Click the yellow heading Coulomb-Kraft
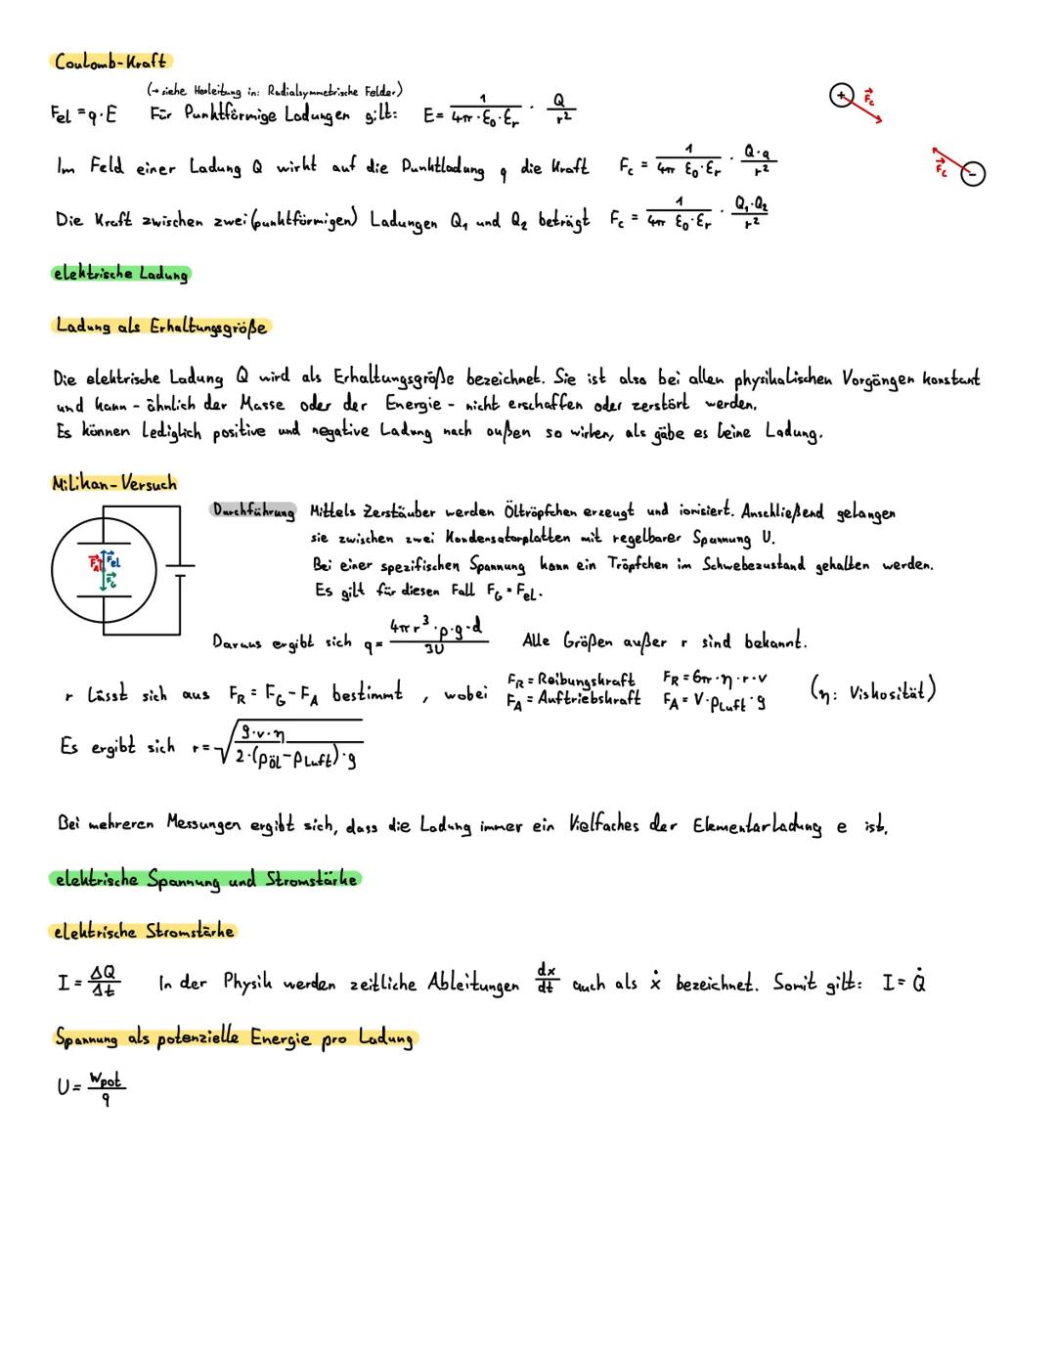coord(110,62)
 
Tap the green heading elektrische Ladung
coord(120,274)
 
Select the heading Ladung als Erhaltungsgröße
coord(160,326)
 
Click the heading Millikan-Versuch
coord(114,482)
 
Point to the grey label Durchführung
coord(253,510)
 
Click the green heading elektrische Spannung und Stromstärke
coord(204,879)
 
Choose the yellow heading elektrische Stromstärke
coord(143,931)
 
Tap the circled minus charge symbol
coord(973,174)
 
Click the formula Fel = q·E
coord(83,114)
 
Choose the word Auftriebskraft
coord(590,699)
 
